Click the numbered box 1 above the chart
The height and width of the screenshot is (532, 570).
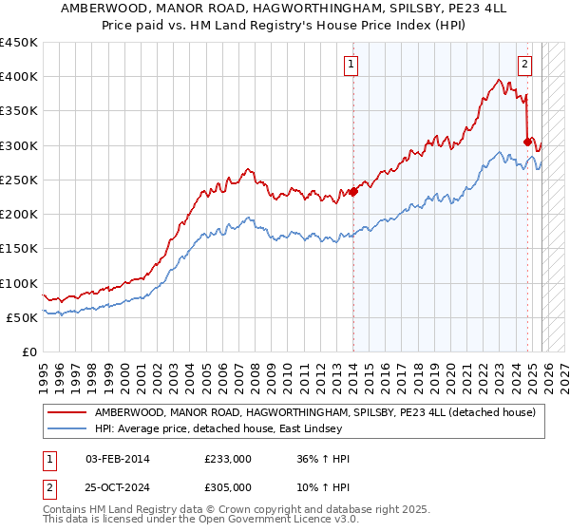(351, 65)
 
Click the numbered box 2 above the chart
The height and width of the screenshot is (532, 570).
(523, 65)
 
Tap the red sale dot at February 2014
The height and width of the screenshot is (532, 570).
(352, 191)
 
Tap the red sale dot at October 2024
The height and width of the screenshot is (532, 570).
(528, 142)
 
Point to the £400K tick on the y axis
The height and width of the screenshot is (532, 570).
(19, 77)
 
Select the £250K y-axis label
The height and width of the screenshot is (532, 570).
(19, 180)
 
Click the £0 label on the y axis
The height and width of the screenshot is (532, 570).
(29, 351)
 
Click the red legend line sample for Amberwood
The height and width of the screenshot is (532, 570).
(67, 412)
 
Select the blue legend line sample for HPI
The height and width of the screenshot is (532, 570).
(67, 428)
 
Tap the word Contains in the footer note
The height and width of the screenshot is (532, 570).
(66, 511)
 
